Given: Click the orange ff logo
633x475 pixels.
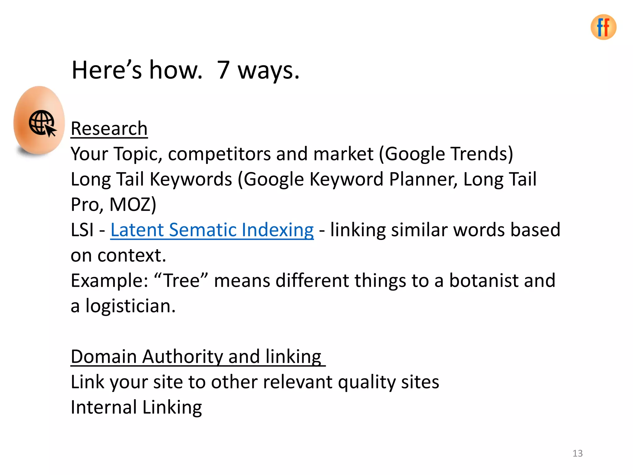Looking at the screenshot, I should pyautogui.click(x=603, y=27).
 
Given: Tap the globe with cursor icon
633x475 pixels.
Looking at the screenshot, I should pyautogui.click(x=42, y=123).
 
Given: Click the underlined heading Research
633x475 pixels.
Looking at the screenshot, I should pyautogui.click(x=109, y=128).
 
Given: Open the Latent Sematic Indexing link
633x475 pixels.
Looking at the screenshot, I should pyautogui.click(x=212, y=230).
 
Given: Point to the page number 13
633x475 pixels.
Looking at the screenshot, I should pyautogui.click(x=577, y=453).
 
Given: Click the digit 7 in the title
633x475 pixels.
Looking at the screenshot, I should pyautogui.click(x=223, y=70).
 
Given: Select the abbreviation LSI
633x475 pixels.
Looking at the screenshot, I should pyautogui.click(x=82, y=230).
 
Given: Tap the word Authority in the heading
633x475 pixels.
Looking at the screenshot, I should pyautogui.click(x=182, y=357).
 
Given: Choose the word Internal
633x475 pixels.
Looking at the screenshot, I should pyautogui.click(x=104, y=407).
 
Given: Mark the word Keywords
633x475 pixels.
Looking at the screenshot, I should pyautogui.click(x=191, y=179).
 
